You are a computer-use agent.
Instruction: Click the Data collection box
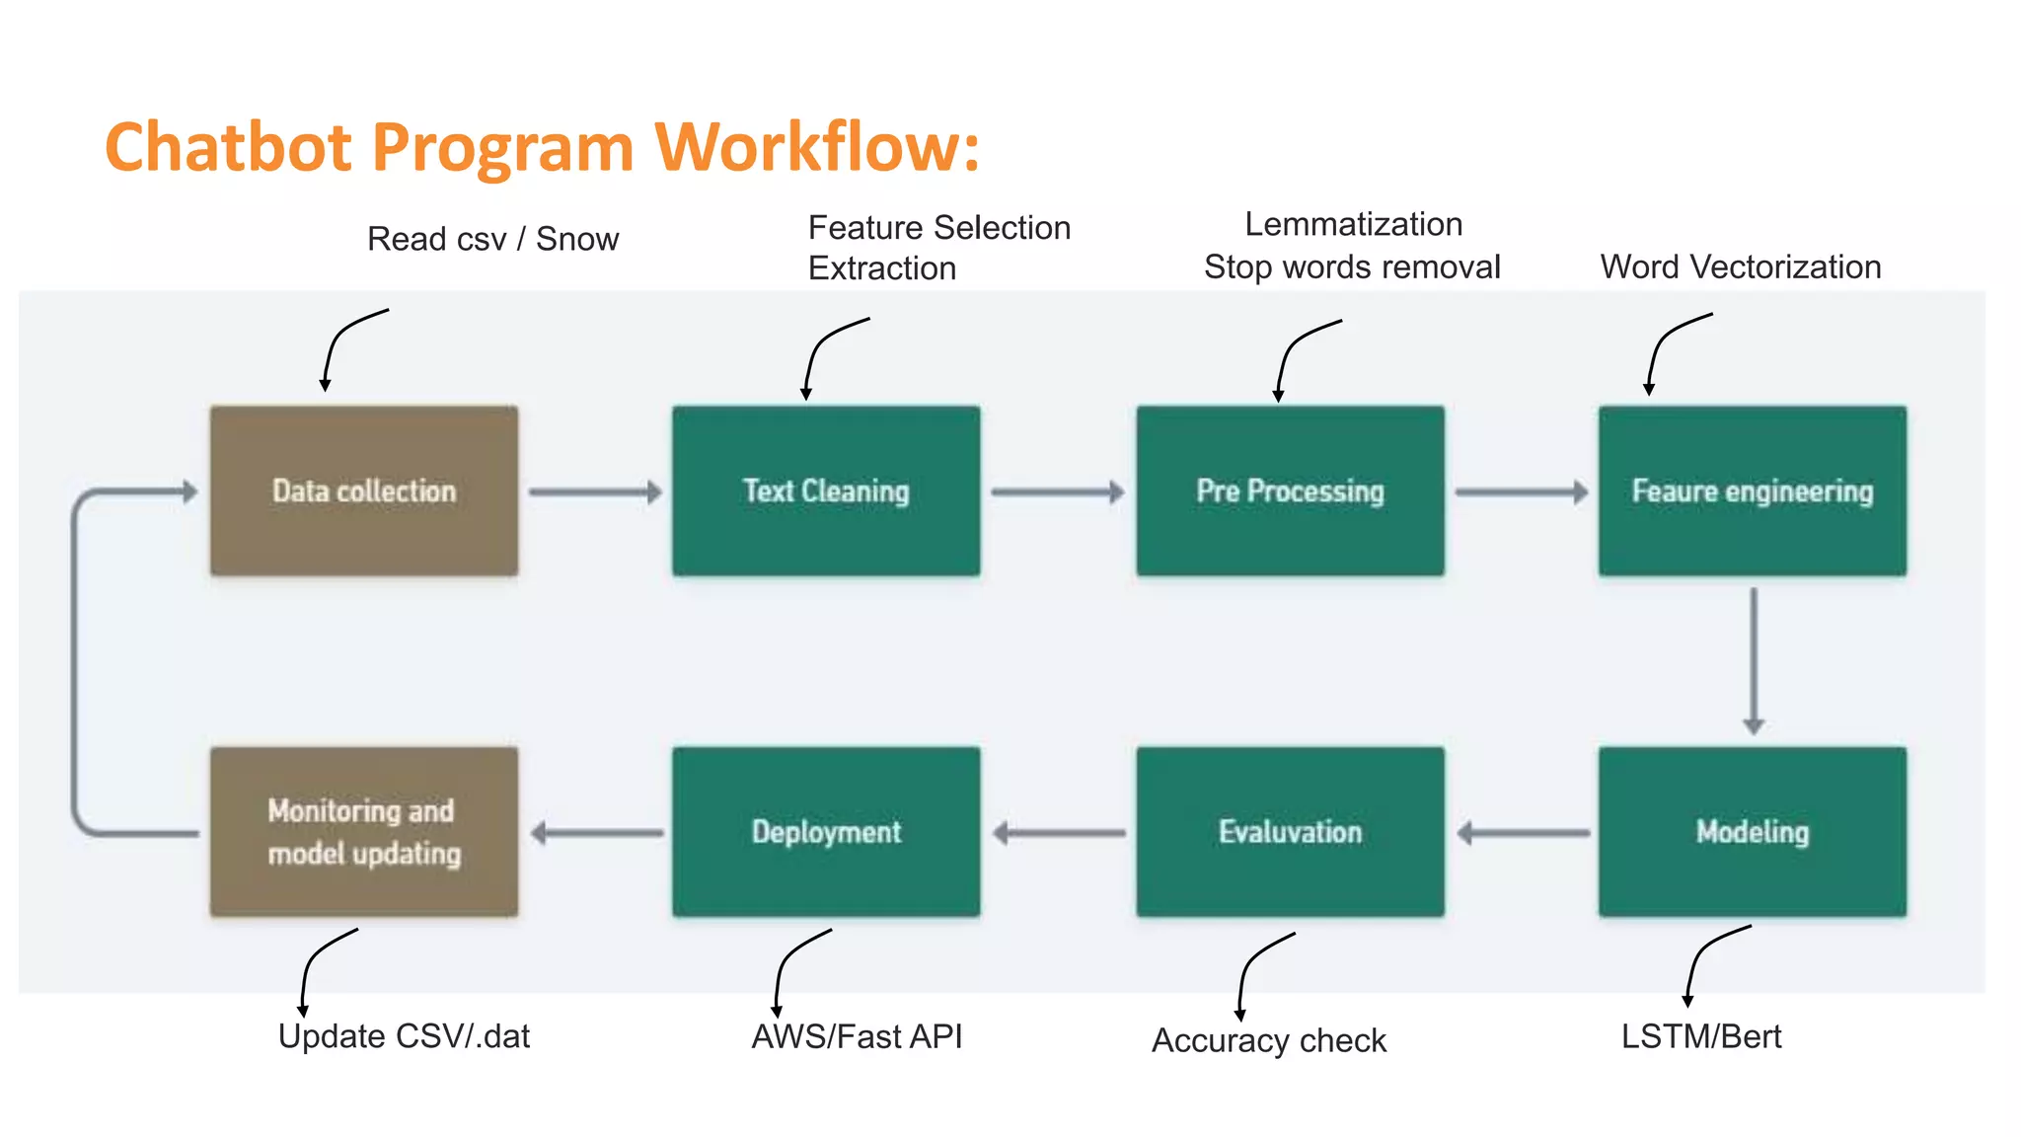point(363,491)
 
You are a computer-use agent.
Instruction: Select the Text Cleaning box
point(826,491)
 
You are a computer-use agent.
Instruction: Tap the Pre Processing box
point(1290,491)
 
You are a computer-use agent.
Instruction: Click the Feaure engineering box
point(1753,491)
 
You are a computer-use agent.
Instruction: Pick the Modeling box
point(1753,831)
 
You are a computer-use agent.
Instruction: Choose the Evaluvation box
point(1290,831)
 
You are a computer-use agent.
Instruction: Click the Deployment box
point(826,831)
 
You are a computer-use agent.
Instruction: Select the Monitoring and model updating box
point(363,831)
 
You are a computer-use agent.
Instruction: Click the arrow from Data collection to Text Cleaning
point(595,492)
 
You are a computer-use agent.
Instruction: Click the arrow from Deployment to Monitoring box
point(596,833)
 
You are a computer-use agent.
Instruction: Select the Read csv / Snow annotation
point(492,239)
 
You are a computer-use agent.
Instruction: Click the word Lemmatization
point(1353,224)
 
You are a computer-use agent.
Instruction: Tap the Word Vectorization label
point(1741,266)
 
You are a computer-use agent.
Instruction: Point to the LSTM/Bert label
point(1701,1036)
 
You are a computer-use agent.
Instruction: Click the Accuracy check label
point(1269,1040)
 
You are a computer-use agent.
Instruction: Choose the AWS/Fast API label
point(857,1036)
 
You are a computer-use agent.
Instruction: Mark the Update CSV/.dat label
point(404,1036)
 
